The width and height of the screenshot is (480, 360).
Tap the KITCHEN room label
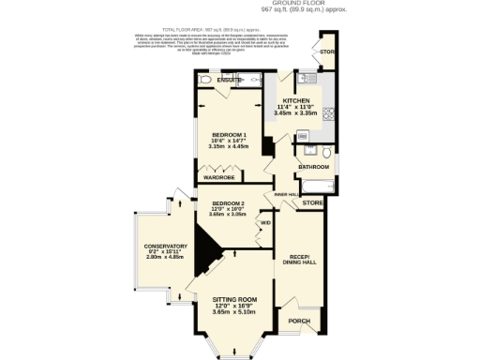296,100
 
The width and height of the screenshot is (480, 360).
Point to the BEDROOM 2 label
228,203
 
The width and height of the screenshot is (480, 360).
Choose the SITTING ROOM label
234,299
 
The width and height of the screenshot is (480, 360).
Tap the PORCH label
299,322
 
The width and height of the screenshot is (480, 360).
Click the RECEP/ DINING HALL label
299,260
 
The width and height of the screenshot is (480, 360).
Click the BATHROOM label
311,167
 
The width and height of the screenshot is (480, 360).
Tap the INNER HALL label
286,194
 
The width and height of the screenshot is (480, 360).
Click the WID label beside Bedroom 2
265,222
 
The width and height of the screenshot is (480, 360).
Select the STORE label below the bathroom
313,202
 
